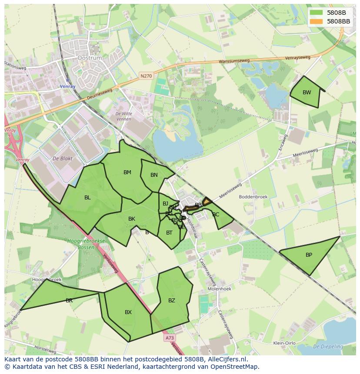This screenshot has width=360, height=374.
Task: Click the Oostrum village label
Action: [89, 58]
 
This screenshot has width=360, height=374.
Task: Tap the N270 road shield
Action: [146, 76]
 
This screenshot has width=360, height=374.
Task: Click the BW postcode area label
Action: [307, 93]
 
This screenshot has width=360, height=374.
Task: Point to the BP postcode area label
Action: [309, 255]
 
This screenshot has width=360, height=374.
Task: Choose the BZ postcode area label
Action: [172, 301]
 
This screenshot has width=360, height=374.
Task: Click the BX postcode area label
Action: [128, 312]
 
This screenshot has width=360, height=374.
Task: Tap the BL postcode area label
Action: [87, 198]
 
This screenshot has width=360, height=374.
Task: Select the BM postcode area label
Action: [127, 172]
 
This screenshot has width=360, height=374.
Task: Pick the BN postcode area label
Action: [154, 175]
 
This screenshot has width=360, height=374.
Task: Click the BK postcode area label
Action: [132, 219]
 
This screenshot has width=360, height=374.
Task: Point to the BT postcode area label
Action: [169, 233]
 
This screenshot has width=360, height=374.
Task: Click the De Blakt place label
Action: [62, 159]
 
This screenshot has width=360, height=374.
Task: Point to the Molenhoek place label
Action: [219, 288]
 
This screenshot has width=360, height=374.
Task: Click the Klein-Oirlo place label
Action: [284, 343]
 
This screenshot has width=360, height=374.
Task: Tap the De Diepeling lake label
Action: [328, 347]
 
